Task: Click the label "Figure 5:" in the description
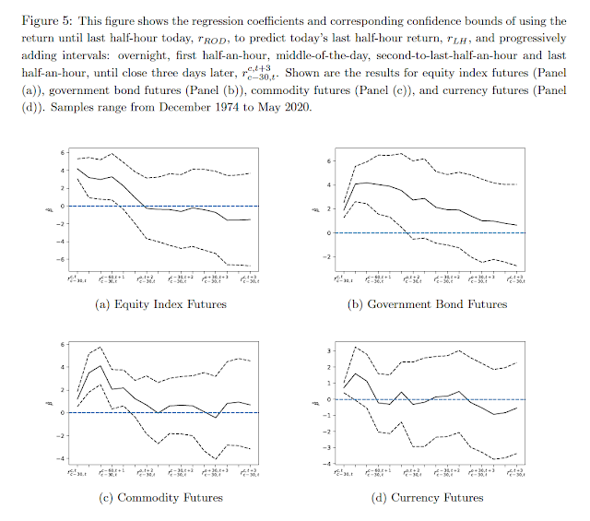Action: point(53,19)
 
